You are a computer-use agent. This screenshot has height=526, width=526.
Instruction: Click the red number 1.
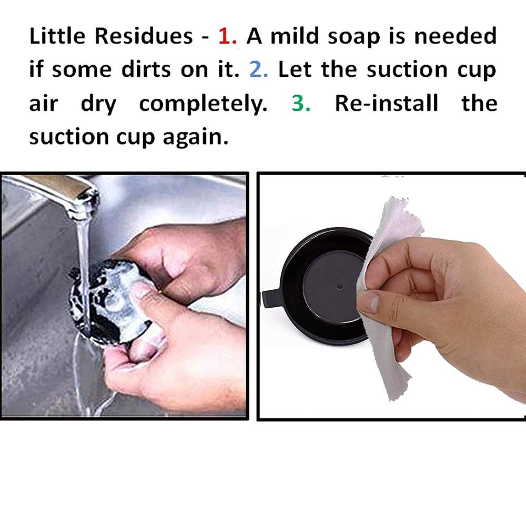pos(229,37)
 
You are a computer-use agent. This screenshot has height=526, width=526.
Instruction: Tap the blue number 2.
pos(259,70)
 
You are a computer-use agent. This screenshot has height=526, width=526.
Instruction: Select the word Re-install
pos(386,103)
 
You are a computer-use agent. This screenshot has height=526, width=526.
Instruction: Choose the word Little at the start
pos(60,36)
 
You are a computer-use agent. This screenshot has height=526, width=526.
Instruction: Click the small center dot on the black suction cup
pos(339,287)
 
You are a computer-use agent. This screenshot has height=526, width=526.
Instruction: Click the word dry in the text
pos(98,104)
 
